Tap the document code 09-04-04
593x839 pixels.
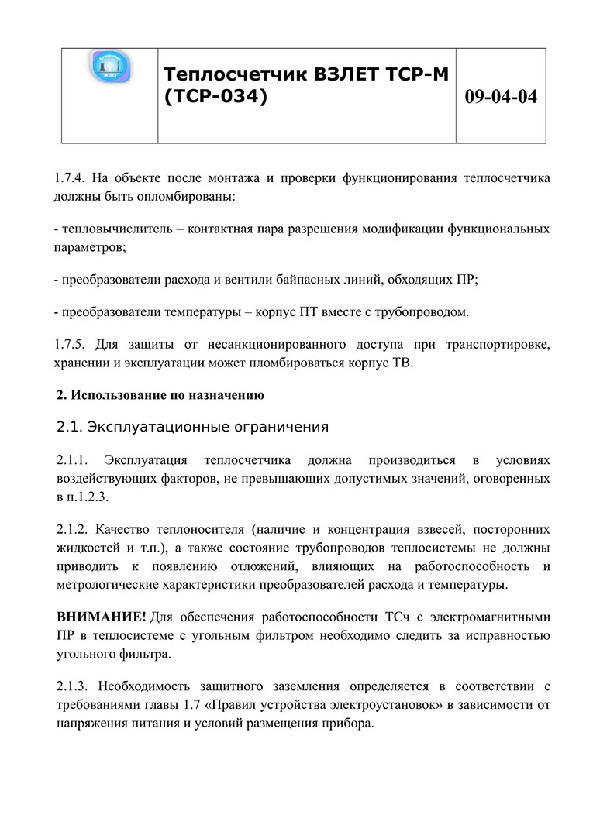501,97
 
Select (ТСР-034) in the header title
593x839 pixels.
216,98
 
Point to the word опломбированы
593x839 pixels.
179,195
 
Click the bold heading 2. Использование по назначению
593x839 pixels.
160,395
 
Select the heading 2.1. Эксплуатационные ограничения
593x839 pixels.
192,427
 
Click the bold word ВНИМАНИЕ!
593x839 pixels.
101,617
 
